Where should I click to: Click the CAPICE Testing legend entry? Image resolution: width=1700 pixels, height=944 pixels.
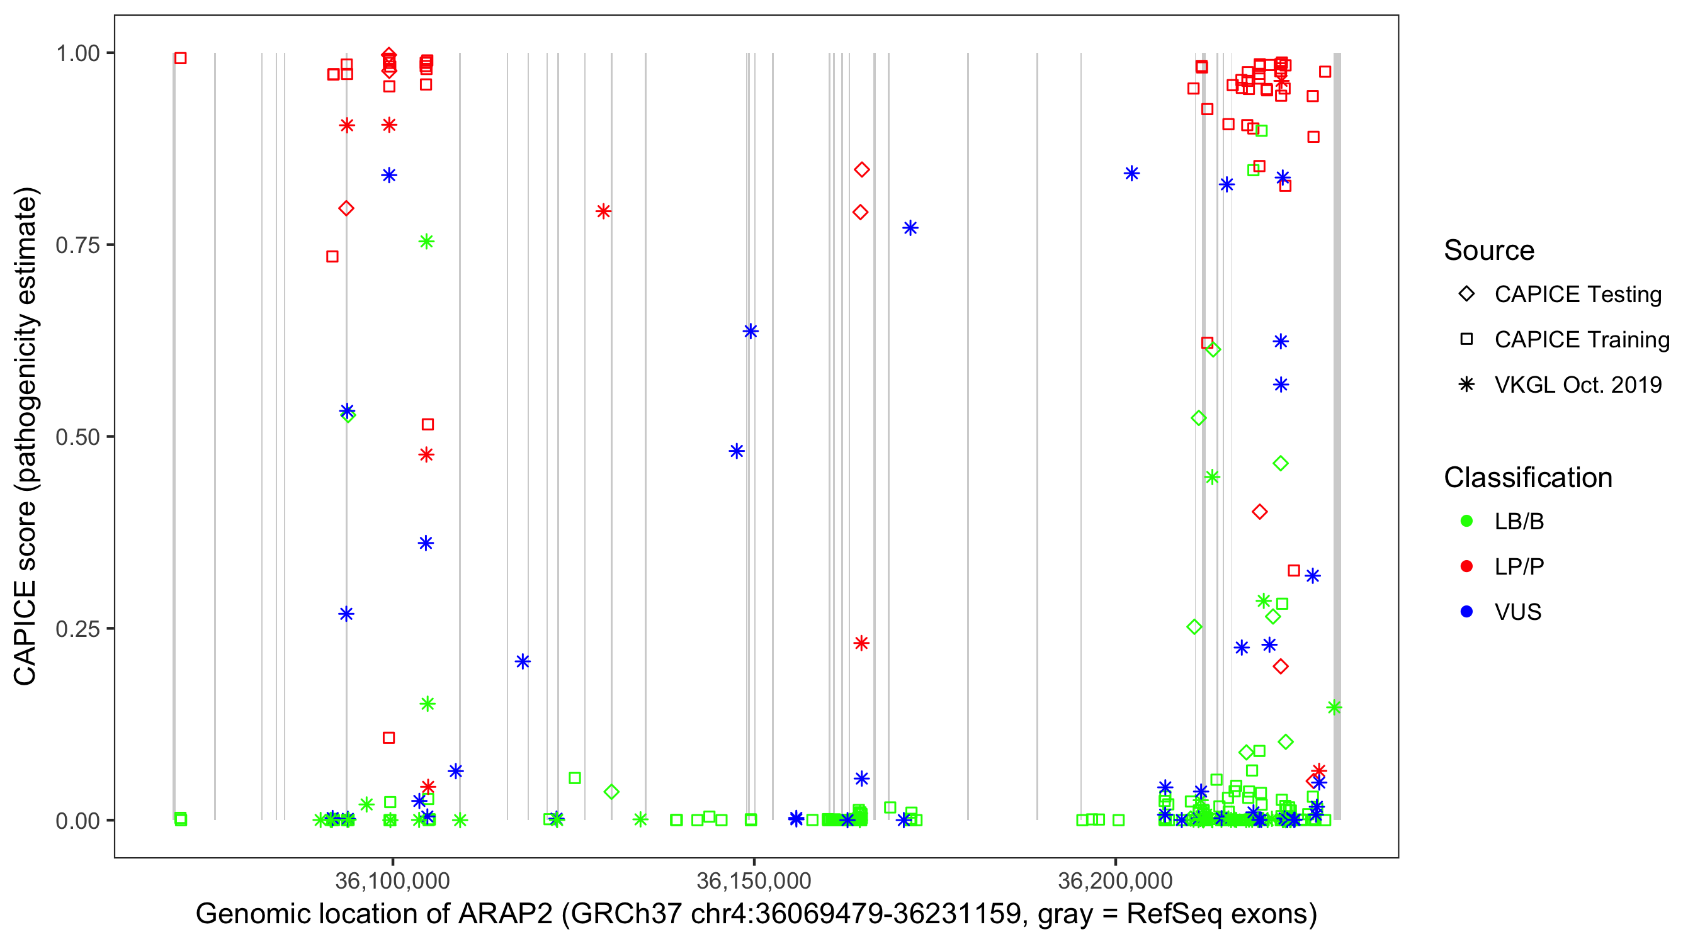click(x=1577, y=295)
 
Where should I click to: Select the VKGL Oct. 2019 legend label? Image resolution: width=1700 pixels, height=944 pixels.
click(x=1578, y=385)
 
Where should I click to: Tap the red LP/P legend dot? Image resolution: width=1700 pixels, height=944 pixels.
click(x=1466, y=566)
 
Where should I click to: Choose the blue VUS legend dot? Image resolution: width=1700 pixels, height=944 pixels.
click(x=1466, y=612)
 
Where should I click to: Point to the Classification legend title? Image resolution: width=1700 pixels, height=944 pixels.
click(x=1527, y=477)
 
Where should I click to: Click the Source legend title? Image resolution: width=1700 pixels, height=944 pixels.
click(x=1488, y=250)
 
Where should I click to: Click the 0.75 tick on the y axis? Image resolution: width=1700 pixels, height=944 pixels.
click(x=77, y=245)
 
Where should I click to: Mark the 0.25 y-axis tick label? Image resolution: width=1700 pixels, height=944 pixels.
click(x=77, y=628)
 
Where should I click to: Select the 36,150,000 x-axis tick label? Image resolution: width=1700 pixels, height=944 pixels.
click(x=754, y=880)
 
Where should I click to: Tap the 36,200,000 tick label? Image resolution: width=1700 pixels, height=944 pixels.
click(x=1114, y=880)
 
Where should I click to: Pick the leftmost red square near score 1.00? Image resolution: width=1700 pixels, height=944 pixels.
click(x=180, y=58)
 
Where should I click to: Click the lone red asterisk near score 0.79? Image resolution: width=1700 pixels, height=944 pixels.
click(x=603, y=211)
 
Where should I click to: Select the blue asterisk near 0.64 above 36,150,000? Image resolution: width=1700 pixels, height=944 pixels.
click(x=751, y=330)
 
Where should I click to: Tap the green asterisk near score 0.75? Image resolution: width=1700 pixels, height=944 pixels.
click(x=426, y=242)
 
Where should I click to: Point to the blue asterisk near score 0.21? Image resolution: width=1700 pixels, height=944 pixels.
click(x=523, y=661)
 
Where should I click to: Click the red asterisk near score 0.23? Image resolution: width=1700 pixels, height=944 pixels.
click(x=861, y=643)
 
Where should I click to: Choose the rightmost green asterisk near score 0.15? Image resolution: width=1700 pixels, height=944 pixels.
click(x=1334, y=707)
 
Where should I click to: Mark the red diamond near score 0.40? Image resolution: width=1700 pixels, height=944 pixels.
click(x=1259, y=511)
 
